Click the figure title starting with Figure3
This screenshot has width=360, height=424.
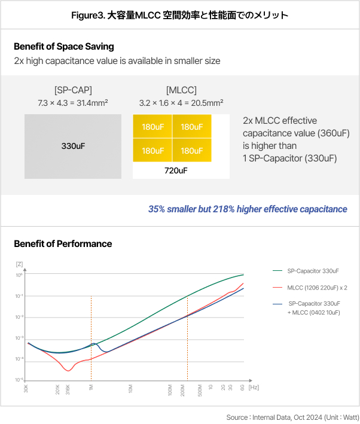point(179,15)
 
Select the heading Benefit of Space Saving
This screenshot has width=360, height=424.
point(63,47)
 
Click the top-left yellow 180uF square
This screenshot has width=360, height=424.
point(152,127)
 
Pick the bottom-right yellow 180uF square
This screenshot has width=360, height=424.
point(192,151)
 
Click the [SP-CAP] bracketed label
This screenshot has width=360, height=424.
point(72,91)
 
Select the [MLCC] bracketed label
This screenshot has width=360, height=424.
point(181,91)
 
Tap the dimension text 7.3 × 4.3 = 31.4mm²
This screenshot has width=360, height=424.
point(72,103)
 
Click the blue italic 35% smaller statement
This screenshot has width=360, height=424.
point(248,209)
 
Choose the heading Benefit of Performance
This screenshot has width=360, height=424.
point(63,243)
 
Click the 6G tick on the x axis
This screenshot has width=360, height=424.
point(243,388)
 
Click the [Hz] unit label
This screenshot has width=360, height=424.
point(254,388)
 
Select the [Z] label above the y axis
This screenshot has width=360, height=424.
point(19,264)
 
